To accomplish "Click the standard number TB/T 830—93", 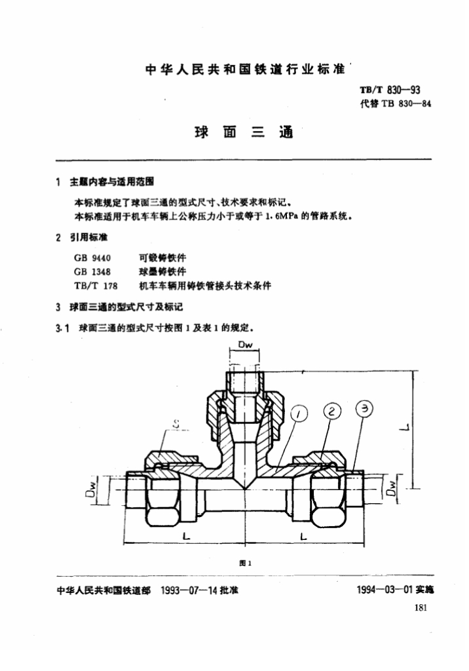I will point(388,90).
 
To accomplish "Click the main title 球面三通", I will point(243,131).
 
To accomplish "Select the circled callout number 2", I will point(333,411).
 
